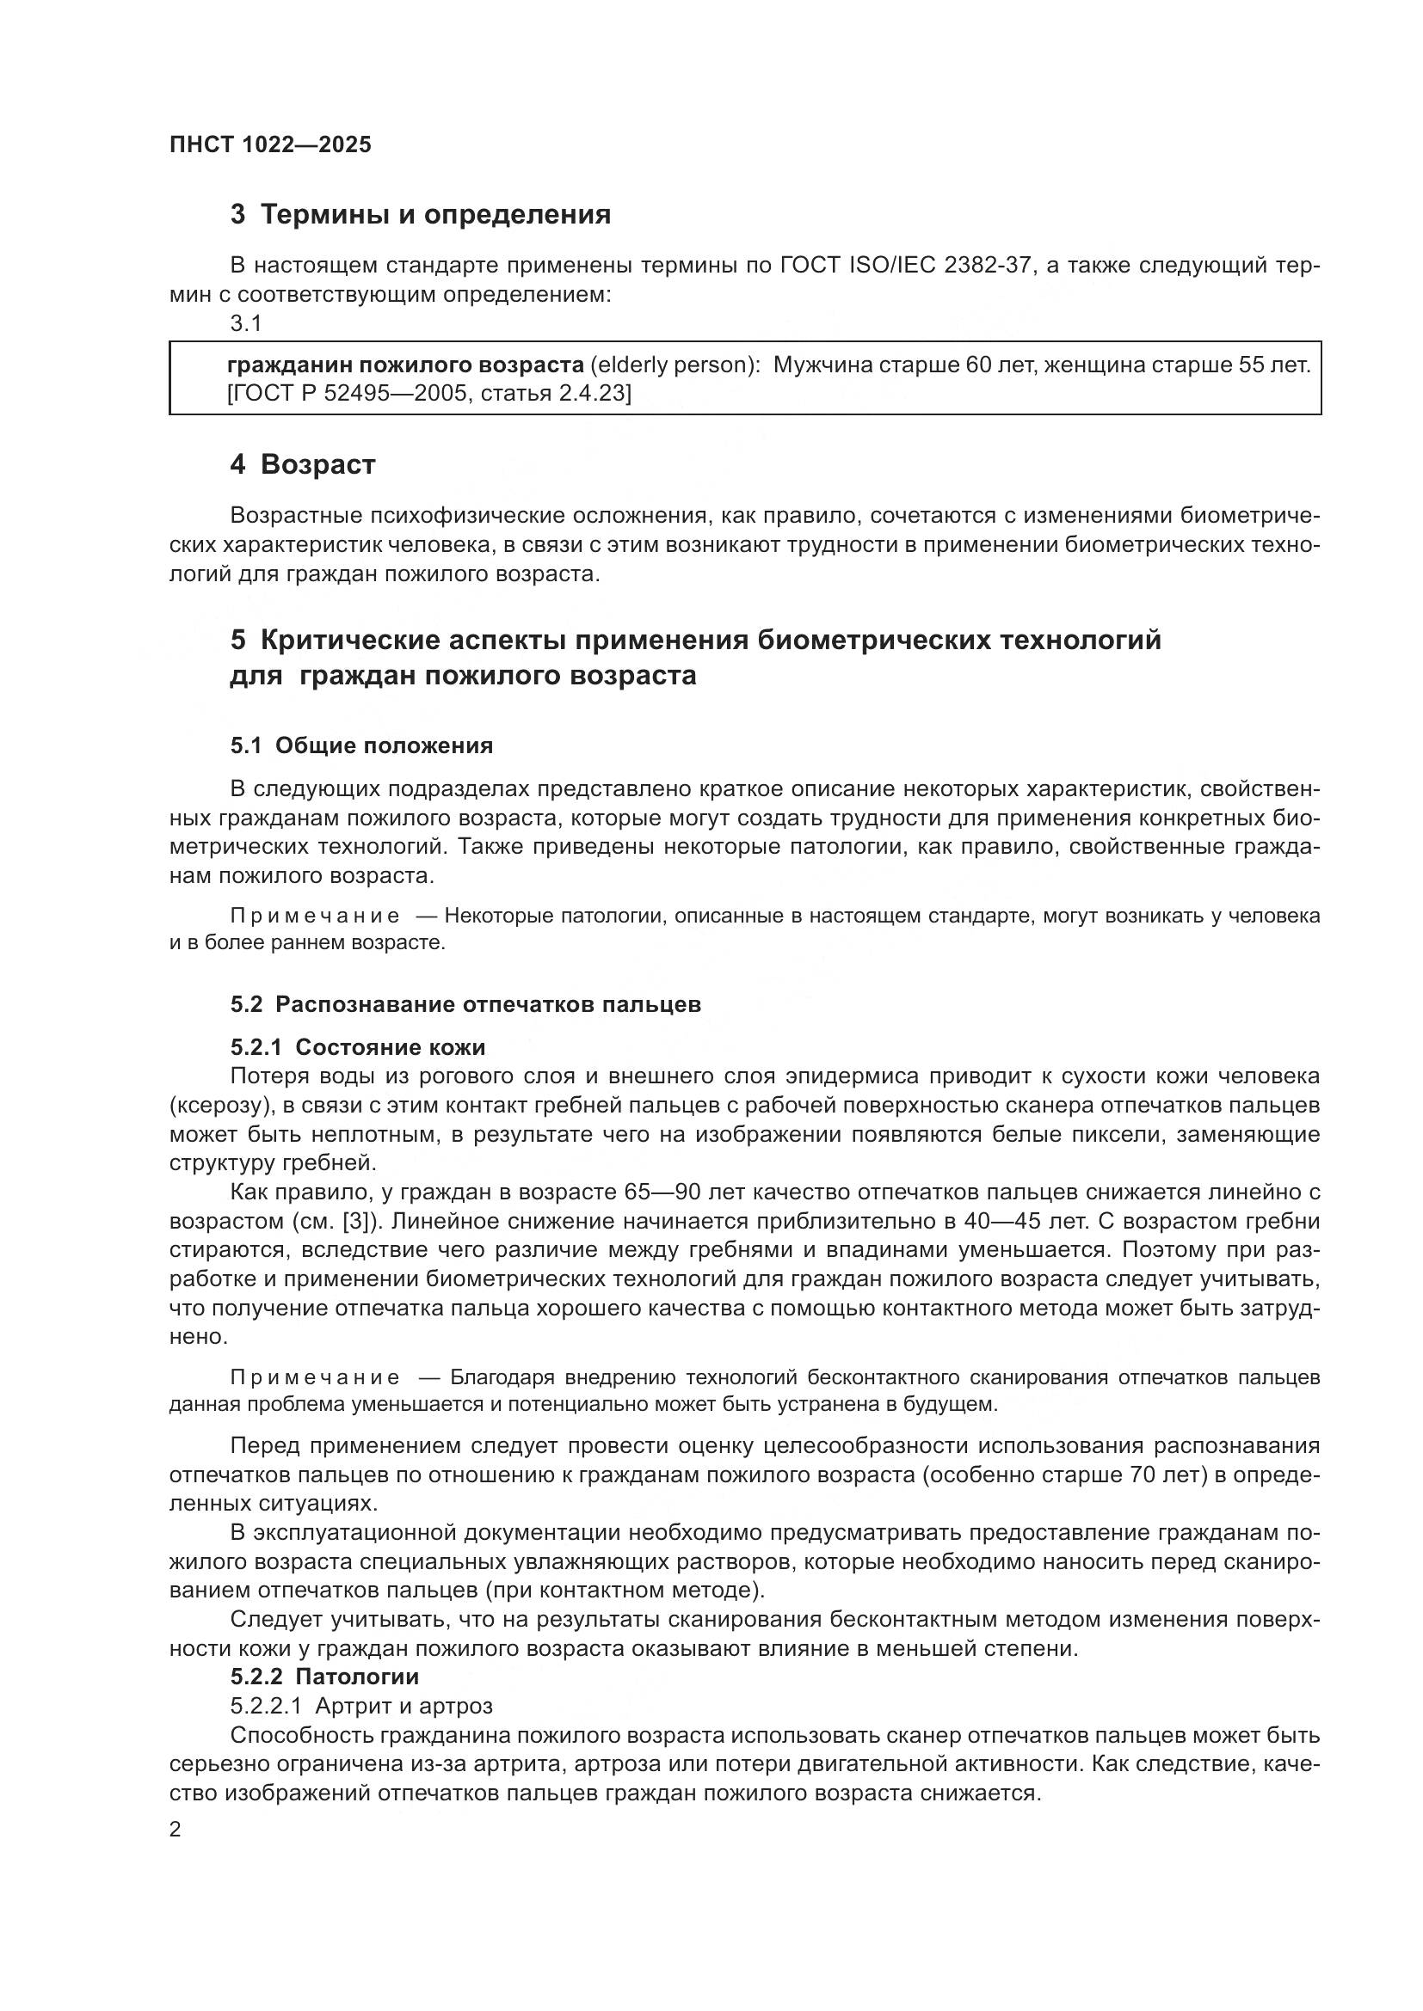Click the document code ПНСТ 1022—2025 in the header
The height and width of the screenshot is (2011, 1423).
click(271, 144)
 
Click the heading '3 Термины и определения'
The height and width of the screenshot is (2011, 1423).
click(421, 215)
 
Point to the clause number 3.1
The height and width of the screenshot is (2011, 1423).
click(246, 323)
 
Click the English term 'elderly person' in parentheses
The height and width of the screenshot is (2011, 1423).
click(675, 365)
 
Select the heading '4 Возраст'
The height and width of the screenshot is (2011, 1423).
click(302, 464)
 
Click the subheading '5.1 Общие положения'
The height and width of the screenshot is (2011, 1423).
click(362, 745)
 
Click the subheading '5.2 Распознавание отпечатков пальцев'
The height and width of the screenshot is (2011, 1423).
click(465, 1003)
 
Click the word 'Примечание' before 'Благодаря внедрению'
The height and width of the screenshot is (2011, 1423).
click(316, 1376)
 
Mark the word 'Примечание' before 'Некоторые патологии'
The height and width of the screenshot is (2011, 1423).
click(316, 917)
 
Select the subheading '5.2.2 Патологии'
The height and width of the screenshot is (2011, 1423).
click(324, 1677)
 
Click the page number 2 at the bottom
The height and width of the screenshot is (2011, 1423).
click(176, 1830)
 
